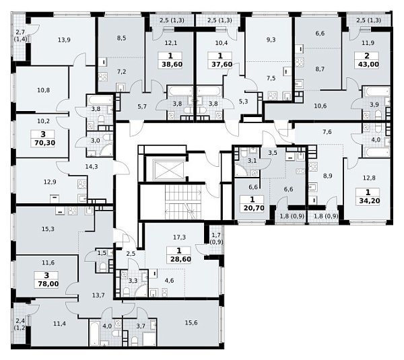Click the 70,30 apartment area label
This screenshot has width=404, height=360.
click(44, 143)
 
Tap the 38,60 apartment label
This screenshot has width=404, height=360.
click(172, 65)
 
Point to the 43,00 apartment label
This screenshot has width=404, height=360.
click(368, 64)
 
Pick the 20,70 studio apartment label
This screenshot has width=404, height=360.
click(254, 208)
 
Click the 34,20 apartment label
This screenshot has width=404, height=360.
click(370, 201)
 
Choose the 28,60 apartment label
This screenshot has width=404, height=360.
click(180, 259)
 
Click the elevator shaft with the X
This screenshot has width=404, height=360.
click(168, 170)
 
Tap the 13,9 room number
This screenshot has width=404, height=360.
click(64, 40)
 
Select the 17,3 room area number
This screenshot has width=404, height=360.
click(179, 237)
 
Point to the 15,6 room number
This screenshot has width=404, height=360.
click(191, 323)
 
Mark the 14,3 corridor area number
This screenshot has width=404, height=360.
click(92, 167)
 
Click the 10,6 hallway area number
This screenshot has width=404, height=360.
click(321, 106)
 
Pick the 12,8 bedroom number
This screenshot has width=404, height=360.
click(369, 178)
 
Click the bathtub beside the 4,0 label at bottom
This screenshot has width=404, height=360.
click(94, 332)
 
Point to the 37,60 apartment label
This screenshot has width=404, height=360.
click(222, 65)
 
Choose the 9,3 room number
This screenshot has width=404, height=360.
click(271, 40)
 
